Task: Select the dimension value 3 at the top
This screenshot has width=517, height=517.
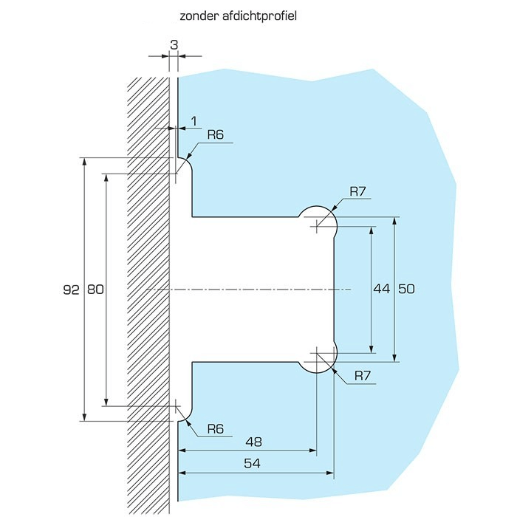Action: pyautogui.click(x=174, y=44)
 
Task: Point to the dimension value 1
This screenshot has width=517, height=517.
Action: pyautogui.click(x=194, y=119)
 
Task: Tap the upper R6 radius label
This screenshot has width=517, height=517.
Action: pyautogui.click(x=215, y=134)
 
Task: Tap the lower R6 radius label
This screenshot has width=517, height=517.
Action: pyautogui.click(x=215, y=429)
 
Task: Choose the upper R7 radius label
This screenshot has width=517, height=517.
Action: pyautogui.click(x=358, y=192)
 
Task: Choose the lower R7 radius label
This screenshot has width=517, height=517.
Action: pyautogui.click(x=362, y=376)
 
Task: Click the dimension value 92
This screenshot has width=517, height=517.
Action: pyautogui.click(x=71, y=290)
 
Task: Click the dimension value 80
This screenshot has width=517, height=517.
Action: pyautogui.click(x=95, y=290)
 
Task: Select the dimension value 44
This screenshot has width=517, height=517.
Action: pyautogui.click(x=381, y=290)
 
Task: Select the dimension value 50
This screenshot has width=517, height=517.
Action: pyautogui.click(x=406, y=290)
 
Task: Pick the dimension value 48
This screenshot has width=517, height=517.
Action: pyautogui.click(x=253, y=441)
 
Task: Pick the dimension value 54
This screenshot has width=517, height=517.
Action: pyautogui.click(x=253, y=463)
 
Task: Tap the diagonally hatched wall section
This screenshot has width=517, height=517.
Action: pyautogui.click(x=148, y=295)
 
